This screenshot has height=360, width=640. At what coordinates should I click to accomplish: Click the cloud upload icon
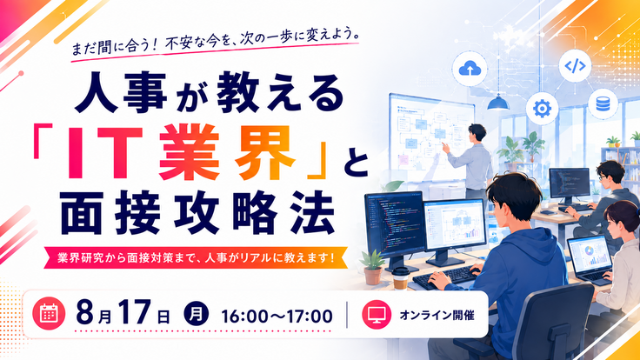click(x=470, y=69)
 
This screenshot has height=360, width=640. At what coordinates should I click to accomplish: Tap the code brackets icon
click(x=575, y=65)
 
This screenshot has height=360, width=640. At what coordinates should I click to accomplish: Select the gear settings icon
click(x=542, y=109)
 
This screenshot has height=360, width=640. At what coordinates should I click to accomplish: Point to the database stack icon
click(x=603, y=103)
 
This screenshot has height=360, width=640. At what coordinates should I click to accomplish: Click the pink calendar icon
click(x=49, y=313)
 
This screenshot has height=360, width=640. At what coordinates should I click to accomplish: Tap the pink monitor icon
click(x=377, y=315)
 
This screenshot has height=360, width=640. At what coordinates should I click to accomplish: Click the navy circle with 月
click(x=196, y=315)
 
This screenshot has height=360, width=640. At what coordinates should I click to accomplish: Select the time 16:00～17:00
click(x=277, y=317)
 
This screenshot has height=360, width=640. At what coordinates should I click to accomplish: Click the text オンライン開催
click(x=437, y=315)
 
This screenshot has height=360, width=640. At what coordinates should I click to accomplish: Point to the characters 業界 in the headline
click(x=227, y=152)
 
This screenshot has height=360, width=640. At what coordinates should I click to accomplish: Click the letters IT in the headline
click(x=105, y=153)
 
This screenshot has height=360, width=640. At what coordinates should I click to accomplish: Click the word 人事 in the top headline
click(x=121, y=92)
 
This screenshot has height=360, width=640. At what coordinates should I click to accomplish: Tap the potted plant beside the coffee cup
click(x=372, y=267)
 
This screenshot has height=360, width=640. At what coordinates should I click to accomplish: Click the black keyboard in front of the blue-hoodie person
click(x=445, y=277)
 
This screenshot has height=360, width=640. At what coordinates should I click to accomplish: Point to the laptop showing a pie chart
click(x=590, y=260)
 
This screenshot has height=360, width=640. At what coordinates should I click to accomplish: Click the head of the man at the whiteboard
click(x=477, y=133)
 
